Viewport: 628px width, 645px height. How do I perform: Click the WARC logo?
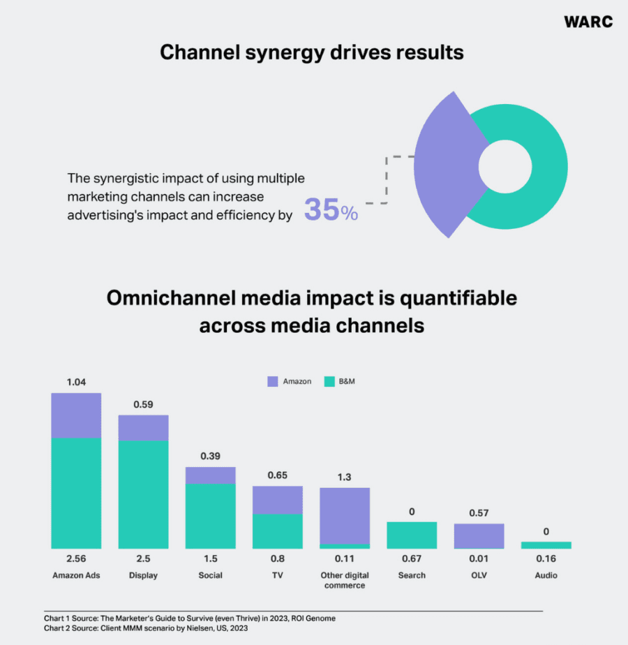coord(588,22)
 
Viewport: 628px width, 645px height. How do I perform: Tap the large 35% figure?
coord(331,210)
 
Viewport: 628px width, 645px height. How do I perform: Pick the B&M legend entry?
coord(341,382)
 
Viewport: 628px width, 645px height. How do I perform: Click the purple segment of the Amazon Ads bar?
coord(76,415)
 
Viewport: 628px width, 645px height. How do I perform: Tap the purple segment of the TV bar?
coord(277,500)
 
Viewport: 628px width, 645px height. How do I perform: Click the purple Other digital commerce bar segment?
coord(345,515)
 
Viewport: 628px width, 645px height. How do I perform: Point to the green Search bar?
coord(412,535)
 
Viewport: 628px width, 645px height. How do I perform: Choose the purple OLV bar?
coord(479,535)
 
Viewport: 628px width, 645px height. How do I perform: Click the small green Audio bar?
coord(546,544)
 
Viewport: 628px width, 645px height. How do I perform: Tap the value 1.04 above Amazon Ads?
coord(76,383)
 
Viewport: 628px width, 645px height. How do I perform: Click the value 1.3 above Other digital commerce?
coord(345,477)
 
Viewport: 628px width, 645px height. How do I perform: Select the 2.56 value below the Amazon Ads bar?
coord(76,558)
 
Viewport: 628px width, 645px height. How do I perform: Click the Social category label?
coord(210,575)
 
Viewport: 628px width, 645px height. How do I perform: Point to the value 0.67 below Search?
coord(412,558)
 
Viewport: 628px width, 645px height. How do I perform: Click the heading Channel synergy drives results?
coord(312,52)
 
